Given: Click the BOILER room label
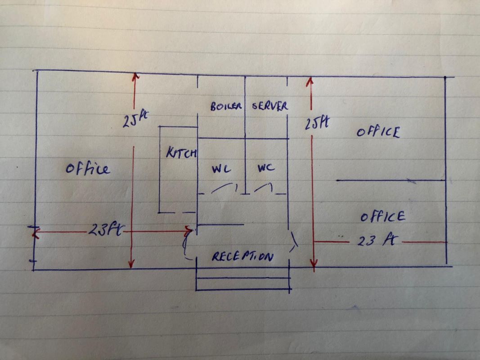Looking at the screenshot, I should coord(226,107).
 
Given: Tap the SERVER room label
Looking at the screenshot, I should coord(270,106).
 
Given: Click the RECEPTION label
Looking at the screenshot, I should coord(242,256).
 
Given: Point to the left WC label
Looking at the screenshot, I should coord(221,170).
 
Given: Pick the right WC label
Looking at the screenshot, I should coord(266,168).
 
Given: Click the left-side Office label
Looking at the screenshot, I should coord(87,169).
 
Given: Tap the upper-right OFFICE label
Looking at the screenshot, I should coord(378,132).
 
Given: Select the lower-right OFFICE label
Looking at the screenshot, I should coord(382,216).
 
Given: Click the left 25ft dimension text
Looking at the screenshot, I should coord(135,120).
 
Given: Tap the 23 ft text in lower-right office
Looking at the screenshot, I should coord(376,241).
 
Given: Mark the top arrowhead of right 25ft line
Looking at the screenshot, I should coord(310,81).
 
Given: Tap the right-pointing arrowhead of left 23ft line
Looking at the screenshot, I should coord(189,231).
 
